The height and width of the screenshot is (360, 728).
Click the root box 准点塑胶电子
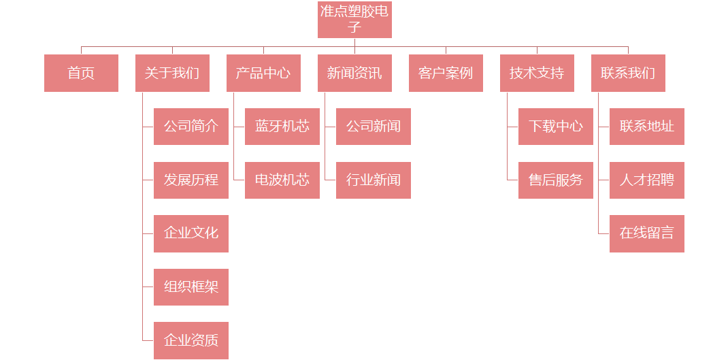354,20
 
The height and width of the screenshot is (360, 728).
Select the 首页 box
81,73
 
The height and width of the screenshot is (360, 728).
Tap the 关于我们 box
172,73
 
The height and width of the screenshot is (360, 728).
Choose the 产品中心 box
263,73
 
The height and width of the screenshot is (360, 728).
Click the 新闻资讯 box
354,73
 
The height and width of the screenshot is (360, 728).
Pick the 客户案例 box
446,73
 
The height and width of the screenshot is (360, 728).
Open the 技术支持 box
537,73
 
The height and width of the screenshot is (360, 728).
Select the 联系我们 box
628,73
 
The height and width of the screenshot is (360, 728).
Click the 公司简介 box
191,127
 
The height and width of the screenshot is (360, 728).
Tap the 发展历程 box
191,180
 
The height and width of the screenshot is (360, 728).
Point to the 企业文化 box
191,233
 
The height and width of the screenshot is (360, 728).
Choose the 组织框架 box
191,287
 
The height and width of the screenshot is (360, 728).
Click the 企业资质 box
191,340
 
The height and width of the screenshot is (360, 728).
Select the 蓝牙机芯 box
282,127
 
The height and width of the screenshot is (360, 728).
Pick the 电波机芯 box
282,180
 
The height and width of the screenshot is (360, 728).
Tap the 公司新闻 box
373,127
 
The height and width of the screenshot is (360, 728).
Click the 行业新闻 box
373,180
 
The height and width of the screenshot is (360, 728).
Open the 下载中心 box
555,127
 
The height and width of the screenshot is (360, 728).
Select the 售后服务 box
555,180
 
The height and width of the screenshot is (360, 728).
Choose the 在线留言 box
646,233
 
